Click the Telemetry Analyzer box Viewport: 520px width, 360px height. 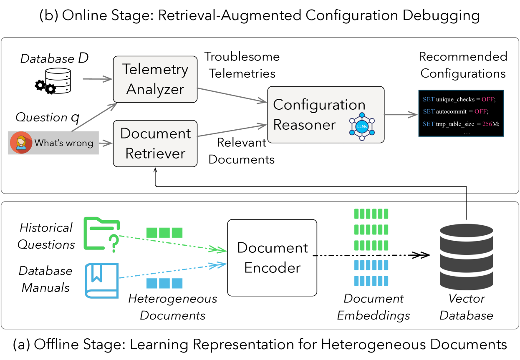[155, 79]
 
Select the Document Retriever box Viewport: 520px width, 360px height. [155, 143]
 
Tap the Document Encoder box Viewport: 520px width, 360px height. [272, 258]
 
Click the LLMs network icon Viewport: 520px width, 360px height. [362, 126]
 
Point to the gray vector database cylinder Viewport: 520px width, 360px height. [467, 257]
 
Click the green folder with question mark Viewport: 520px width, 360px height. [102, 234]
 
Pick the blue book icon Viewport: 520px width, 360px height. [102, 280]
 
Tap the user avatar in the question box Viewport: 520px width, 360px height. [21, 143]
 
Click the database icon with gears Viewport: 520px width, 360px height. [53, 81]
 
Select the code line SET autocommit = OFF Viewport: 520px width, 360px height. [455, 111]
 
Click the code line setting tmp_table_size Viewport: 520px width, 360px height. [461, 124]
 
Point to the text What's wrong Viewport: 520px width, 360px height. [64, 143]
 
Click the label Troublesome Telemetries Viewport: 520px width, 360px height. [242, 65]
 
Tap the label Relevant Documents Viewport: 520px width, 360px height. [242, 151]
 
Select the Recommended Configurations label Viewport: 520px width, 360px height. [463, 65]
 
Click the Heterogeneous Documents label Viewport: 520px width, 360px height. [173, 307]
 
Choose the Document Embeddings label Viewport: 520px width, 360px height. [374, 307]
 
